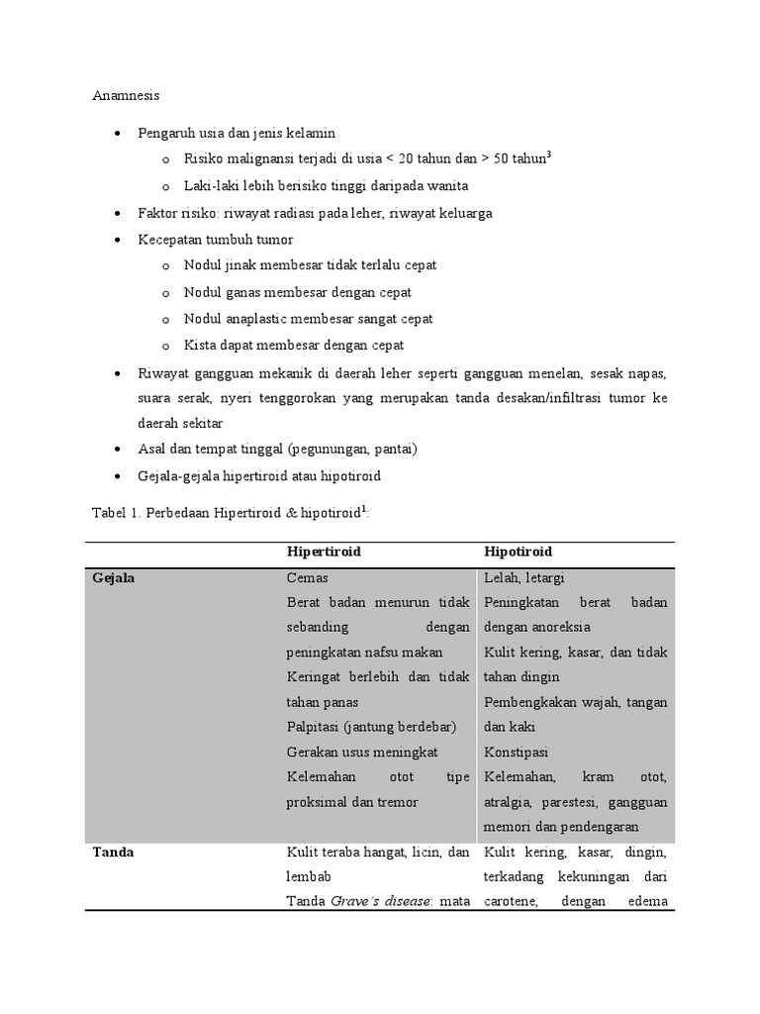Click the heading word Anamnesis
point(126,96)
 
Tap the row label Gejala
point(113,578)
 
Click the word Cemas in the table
point(307,578)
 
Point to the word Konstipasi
point(517,753)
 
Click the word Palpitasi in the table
point(314,728)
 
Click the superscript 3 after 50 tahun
point(549,154)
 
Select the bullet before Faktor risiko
point(119,213)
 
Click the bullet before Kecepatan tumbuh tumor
point(119,240)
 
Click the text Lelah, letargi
point(524,578)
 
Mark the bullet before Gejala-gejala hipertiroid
point(119,475)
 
